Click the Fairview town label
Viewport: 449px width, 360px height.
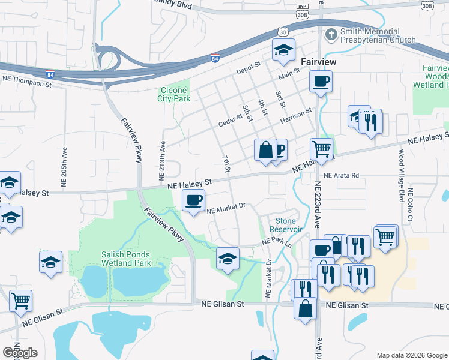point(318,62)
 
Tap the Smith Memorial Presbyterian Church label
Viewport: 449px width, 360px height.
point(378,35)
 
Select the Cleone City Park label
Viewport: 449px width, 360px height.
point(174,94)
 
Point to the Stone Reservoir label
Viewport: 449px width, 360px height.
point(285,225)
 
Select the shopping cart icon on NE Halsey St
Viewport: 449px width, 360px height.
point(322,149)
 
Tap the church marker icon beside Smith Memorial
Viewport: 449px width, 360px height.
point(331,35)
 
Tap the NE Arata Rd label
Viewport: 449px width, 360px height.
point(341,176)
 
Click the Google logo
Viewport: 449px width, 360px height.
point(20,353)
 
